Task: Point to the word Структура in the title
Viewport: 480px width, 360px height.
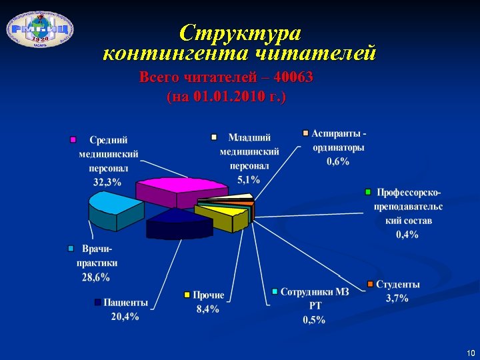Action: tap(240, 32)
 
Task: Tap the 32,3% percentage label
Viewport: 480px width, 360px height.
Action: tap(107, 181)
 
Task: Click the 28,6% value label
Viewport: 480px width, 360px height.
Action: tap(96, 277)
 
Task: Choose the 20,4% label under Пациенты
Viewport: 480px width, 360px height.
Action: tap(125, 317)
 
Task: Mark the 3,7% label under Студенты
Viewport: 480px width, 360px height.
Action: tap(397, 298)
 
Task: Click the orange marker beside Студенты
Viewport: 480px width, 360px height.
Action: tap(371, 283)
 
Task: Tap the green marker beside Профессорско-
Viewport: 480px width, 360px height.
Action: tap(368, 192)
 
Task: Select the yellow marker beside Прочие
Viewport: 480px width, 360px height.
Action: tap(188, 294)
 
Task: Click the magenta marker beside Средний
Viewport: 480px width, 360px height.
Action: tap(74, 140)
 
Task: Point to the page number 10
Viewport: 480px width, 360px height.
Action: tap(471, 352)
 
